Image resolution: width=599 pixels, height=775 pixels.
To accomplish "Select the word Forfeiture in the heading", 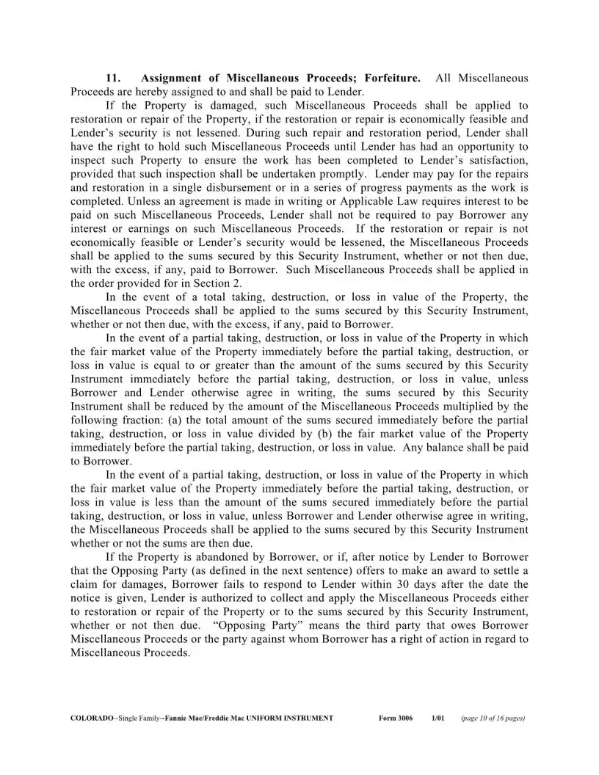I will click(x=393, y=78).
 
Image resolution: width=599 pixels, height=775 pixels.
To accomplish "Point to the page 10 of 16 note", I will click(x=493, y=718).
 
